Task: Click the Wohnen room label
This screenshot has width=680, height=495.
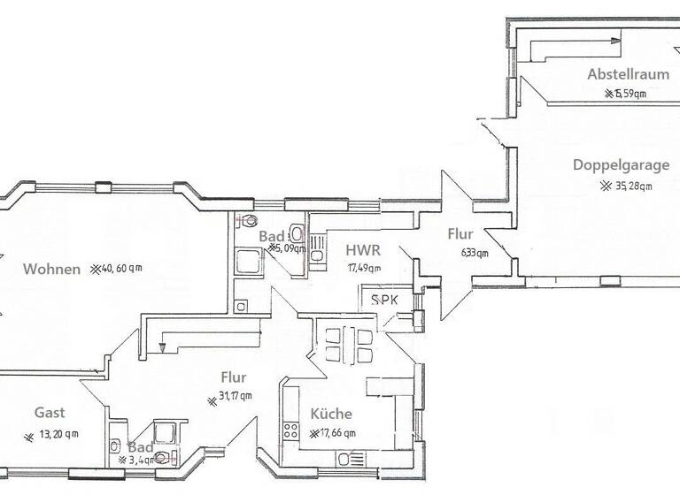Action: coord(52,270)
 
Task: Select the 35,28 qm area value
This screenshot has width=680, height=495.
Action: coord(627,186)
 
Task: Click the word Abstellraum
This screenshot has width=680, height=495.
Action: coord(628,74)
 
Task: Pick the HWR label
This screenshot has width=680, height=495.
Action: coord(364,251)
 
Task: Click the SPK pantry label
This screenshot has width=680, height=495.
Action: coord(384,300)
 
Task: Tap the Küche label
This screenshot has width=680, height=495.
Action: coord(331,414)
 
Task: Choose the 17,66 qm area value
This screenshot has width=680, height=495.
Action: coord(335,433)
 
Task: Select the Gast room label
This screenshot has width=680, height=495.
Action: coord(50,413)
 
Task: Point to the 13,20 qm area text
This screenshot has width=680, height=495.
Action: coord(53,434)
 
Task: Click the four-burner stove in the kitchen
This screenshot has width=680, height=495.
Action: coord(290,432)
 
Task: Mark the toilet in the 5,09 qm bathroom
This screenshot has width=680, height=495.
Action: coord(251,221)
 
